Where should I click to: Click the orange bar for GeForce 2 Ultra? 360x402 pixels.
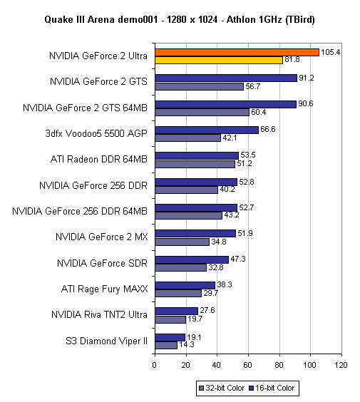[237, 52]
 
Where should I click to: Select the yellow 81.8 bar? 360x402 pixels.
[219, 60]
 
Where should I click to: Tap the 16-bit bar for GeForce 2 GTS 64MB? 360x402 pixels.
[226, 104]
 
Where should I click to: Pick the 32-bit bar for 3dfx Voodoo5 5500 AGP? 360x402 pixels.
[187, 138]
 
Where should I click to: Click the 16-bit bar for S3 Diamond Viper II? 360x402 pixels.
[170, 337]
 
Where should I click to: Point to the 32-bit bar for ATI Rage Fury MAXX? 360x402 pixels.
[178, 293]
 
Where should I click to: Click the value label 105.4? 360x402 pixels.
[330, 52]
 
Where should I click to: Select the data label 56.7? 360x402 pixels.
[253, 86]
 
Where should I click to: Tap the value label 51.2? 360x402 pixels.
[245, 163]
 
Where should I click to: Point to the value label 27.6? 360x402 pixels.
[207, 310]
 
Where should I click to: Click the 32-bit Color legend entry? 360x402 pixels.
[222, 388]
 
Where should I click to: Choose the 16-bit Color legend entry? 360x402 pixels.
[272, 388]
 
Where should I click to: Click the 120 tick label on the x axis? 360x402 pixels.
[341, 365]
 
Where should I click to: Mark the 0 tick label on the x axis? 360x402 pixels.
[155, 365]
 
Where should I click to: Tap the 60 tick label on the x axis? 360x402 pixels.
[247, 365]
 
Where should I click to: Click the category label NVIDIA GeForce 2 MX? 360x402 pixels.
[101, 237]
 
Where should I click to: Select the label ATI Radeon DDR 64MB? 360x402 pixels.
[99, 159]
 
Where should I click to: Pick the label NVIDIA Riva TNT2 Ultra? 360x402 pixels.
[100, 314]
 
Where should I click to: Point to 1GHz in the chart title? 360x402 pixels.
[269, 19]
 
